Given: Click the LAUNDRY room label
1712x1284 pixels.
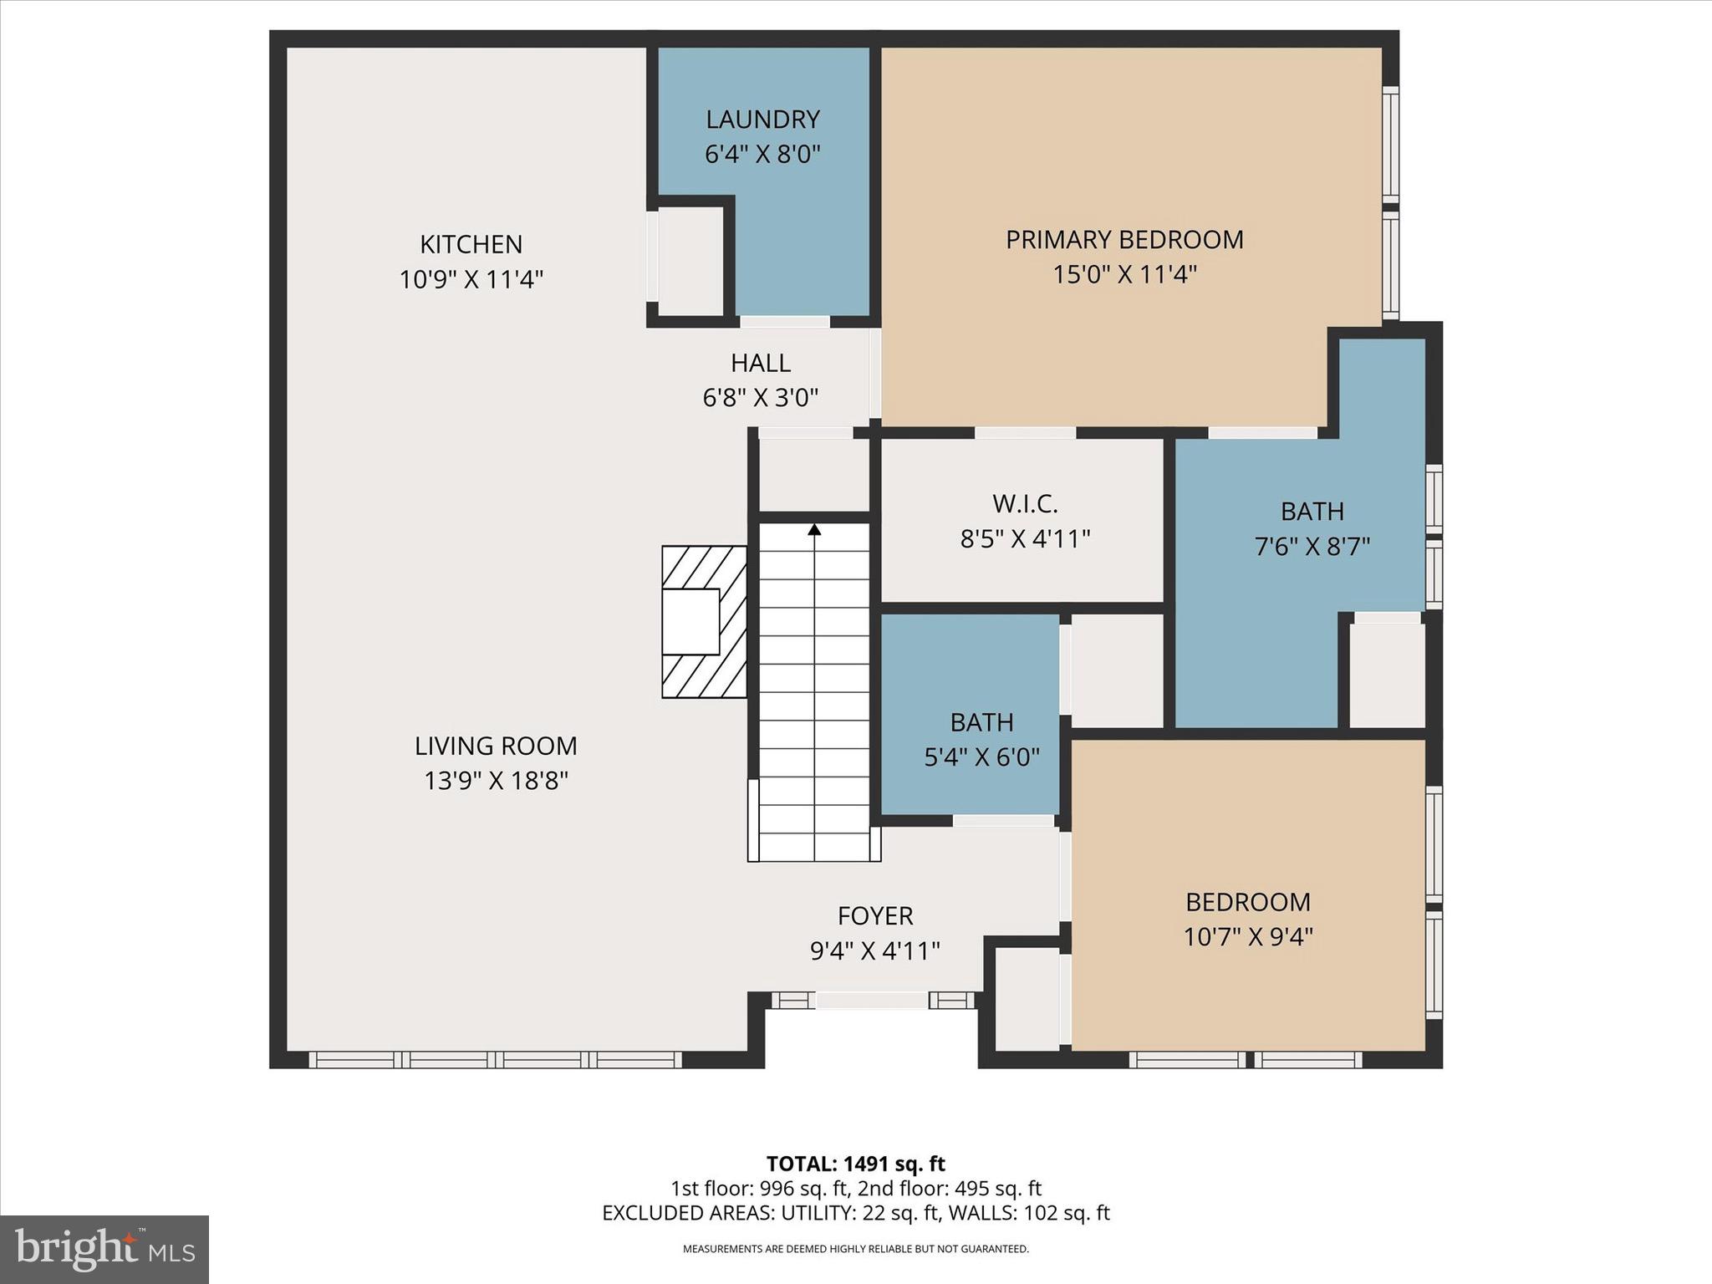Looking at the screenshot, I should pyautogui.click(x=762, y=120).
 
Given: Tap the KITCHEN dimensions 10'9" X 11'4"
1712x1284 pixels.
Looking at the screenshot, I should pyautogui.click(x=471, y=279).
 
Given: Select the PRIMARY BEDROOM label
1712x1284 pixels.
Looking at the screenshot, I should pyautogui.click(x=1123, y=240).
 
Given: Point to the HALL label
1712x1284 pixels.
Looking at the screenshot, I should pyautogui.click(x=760, y=363).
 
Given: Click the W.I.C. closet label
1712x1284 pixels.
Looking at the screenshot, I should pyautogui.click(x=1025, y=504).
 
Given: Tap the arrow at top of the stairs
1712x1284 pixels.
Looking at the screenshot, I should pyautogui.click(x=814, y=530).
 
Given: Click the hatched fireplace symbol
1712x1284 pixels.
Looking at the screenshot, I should pyautogui.click(x=704, y=621).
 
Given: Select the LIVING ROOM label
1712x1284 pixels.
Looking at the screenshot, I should pyautogui.click(x=496, y=746).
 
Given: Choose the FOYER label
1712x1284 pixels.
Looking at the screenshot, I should pyautogui.click(x=874, y=916).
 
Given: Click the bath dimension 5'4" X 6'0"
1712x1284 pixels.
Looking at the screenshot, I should pyautogui.click(x=981, y=757).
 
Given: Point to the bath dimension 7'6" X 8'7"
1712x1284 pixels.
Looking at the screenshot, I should pyautogui.click(x=1312, y=547).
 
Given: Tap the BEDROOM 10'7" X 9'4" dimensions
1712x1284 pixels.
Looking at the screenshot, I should pyautogui.click(x=1247, y=937).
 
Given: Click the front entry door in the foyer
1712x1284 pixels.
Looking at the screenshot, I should pyautogui.click(x=872, y=1000).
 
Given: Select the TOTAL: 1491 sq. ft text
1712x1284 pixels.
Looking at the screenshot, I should pyautogui.click(x=855, y=1164).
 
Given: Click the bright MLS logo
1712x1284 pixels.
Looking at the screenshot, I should pyautogui.click(x=104, y=1249).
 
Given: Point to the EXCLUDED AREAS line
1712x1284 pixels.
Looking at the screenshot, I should pyautogui.click(x=855, y=1213).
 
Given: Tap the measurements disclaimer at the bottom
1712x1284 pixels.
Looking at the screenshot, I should pyautogui.click(x=855, y=1249).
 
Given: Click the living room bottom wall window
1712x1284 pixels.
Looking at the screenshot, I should pyautogui.click(x=495, y=1060).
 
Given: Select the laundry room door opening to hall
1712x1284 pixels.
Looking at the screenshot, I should pyautogui.click(x=784, y=322).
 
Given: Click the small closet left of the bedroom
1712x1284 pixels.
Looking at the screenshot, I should pyautogui.click(x=1027, y=998).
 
